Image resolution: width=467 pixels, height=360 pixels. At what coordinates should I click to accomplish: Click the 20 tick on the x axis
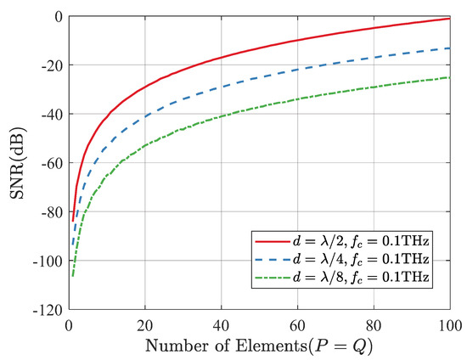tap(145, 323)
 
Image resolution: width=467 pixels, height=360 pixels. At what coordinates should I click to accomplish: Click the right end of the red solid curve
tap(449, 19)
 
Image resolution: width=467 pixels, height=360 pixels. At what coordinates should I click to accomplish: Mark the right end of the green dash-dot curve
tap(449, 77)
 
